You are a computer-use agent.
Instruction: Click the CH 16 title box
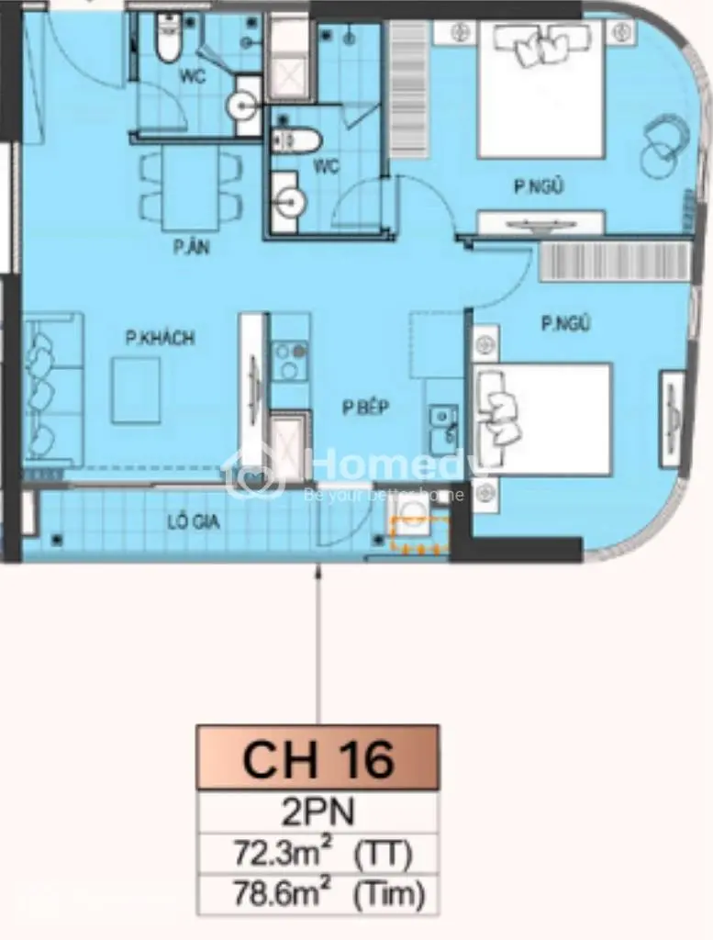318,757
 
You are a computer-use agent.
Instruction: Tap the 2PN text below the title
318,813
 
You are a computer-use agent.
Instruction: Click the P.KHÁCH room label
160,339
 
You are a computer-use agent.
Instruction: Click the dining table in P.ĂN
190,187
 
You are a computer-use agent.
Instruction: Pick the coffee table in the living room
136,390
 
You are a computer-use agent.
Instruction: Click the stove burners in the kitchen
292,360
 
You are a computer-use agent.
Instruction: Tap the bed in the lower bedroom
541,419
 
